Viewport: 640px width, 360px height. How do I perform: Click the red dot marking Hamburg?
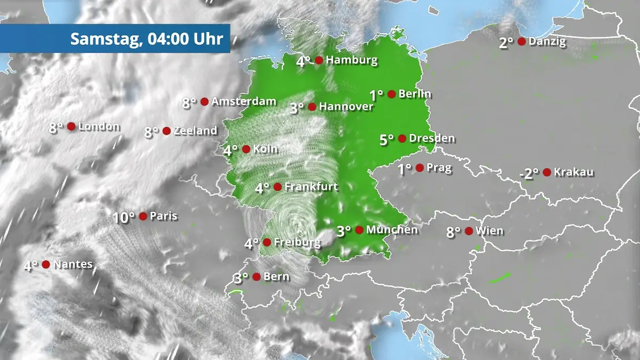(x=319, y=60)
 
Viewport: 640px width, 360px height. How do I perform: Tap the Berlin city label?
(x=415, y=94)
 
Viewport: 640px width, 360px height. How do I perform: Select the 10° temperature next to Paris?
(x=123, y=218)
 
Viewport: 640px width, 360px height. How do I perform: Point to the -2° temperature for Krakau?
(x=529, y=174)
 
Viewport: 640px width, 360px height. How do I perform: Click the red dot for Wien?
(x=469, y=231)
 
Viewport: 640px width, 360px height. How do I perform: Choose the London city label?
(x=99, y=126)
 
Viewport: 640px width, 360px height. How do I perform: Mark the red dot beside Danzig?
(x=522, y=41)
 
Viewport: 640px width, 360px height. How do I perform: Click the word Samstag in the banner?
(x=102, y=38)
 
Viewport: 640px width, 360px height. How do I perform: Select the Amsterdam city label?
(x=244, y=101)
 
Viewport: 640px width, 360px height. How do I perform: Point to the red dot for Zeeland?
(x=166, y=131)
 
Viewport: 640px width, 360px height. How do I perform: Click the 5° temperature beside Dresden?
(x=387, y=140)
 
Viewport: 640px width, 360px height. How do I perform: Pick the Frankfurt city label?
(x=311, y=187)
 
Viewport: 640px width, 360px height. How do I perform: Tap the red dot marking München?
(x=359, y=230)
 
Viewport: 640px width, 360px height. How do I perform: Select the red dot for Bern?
(x=257, y=276)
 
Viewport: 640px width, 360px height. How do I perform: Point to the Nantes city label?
(x=73, y=264)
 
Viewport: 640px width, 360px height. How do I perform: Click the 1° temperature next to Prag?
(x=405, y=169)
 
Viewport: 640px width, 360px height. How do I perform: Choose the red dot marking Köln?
(x=246, y=149)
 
